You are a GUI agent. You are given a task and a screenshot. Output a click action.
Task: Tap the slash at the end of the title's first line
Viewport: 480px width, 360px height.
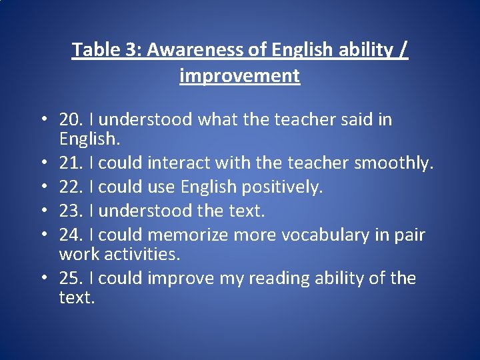[x=402, y=50]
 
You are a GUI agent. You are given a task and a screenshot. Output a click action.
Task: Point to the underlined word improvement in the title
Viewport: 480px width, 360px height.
[x=240, y=76]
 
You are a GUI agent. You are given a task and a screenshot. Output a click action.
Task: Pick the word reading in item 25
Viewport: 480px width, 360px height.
[x=282, y=278]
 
